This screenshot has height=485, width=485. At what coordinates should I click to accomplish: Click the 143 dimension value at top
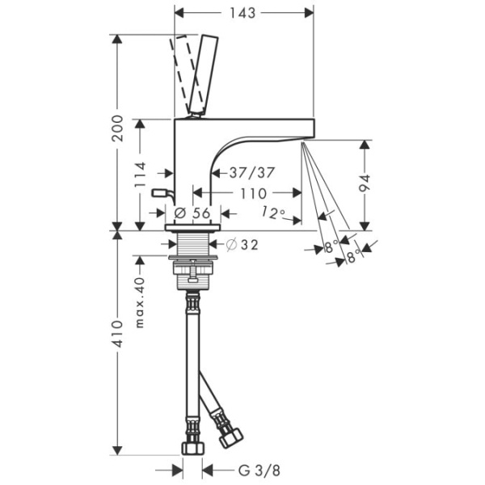(242, 13)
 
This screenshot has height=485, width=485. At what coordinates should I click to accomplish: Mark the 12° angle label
(274, 213)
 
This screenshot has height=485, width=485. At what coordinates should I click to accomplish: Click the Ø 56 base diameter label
(192, 213)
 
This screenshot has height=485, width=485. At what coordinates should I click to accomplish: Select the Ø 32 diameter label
(242, 244)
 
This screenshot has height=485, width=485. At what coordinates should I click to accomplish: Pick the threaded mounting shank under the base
(192, 246)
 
